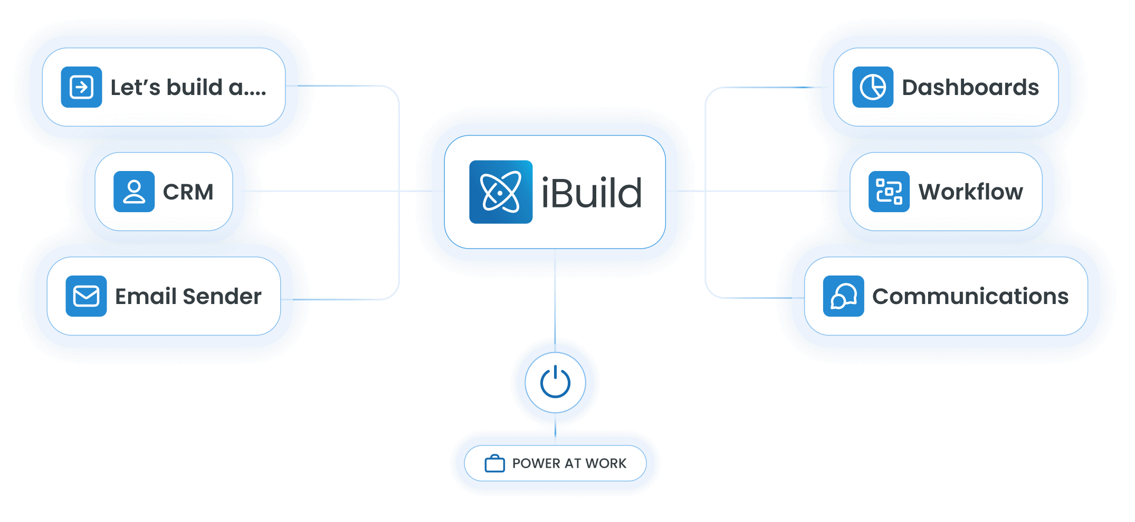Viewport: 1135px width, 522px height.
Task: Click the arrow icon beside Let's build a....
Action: click(81, 87)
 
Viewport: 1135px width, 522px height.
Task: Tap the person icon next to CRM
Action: click(134, 192)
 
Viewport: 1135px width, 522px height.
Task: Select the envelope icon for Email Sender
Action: click(86, 296)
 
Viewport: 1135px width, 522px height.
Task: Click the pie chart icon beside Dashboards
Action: click(873, 87)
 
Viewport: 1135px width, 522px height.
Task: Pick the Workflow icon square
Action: click(889, 192)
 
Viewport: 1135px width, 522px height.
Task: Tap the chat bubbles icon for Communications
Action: click(843, 296)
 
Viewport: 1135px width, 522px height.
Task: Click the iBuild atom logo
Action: click(501, 192)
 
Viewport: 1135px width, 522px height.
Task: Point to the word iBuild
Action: click(592, 193)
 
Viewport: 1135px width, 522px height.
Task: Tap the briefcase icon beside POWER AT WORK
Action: click(494, 463)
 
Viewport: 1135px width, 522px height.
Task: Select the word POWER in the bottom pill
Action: click(536, 463)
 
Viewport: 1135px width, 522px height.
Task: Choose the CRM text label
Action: click(188, 192)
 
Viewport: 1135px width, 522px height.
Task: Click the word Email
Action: click(146, 297)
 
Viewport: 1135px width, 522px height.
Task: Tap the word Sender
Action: click(222, 297)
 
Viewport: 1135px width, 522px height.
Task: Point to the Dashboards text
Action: click(970, 88)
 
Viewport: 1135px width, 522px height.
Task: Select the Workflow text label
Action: click(970, 192)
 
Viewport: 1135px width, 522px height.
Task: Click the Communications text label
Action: click(970, 297)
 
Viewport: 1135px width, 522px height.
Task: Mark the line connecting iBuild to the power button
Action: click(555, 301)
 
